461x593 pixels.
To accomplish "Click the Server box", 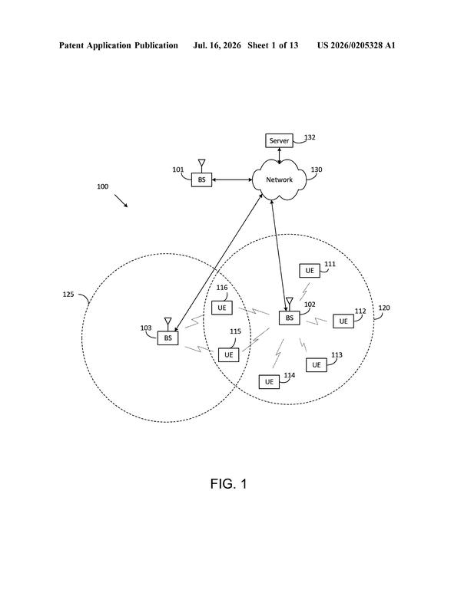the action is (279, 140).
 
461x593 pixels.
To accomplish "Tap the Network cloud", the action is (279, 180).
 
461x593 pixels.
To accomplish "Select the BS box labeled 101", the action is (201, 180).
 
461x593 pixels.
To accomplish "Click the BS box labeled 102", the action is (290, 318).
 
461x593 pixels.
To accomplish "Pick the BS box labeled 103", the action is (167, 338).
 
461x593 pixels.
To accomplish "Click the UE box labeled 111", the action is (310, 271).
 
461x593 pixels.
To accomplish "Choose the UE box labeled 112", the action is (343, 321).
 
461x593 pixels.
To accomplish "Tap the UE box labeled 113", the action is (317, 365).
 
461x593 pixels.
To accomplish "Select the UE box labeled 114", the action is (269, 382).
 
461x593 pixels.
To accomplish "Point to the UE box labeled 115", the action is (228, 354).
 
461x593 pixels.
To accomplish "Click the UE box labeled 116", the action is (221, 308).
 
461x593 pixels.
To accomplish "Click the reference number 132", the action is (310, 137).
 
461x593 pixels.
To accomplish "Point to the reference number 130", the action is (317, 170).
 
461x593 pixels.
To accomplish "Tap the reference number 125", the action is (68, 295).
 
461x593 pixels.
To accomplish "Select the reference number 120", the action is (384, 308).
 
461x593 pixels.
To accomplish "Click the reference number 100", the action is (103, 186).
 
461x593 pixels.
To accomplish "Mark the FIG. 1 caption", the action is (229, 484).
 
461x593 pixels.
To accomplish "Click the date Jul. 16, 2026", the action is (217, 45).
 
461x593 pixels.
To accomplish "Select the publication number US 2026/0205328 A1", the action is (356, 45).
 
